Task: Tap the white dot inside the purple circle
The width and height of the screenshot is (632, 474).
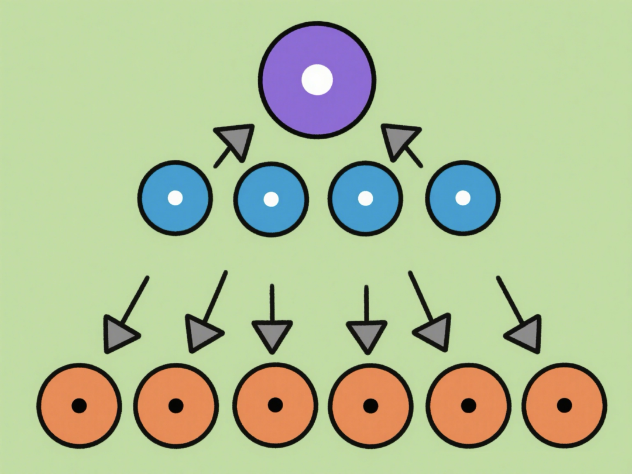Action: click(x=317, y=80)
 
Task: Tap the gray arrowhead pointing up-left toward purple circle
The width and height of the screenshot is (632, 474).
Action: click(x=399, y=141)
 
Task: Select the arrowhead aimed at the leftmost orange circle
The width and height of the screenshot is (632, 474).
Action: click(x=119, y=334)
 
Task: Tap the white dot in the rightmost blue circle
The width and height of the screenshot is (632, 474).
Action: click(x=463, y=198)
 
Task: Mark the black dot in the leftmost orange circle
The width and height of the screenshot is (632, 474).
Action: click(x=79, y=405)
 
